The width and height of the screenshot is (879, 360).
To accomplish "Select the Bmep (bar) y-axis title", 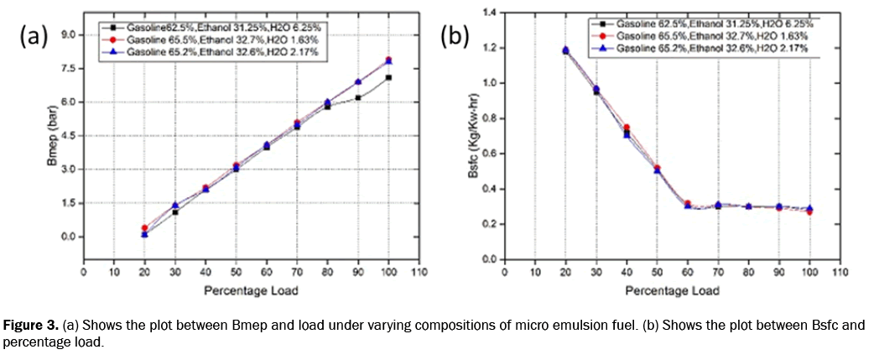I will click(51, 138).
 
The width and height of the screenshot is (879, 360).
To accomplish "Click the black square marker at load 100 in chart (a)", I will click(388, 77).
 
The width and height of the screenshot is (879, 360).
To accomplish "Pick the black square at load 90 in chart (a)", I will click(358, 97).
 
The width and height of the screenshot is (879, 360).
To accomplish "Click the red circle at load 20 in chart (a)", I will click(144, 227).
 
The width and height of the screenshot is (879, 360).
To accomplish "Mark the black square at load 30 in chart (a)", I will click(175, 212).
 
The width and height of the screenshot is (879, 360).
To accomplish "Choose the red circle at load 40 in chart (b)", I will click(627, 128).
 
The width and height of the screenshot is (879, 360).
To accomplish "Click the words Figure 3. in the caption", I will click(29, 324).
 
